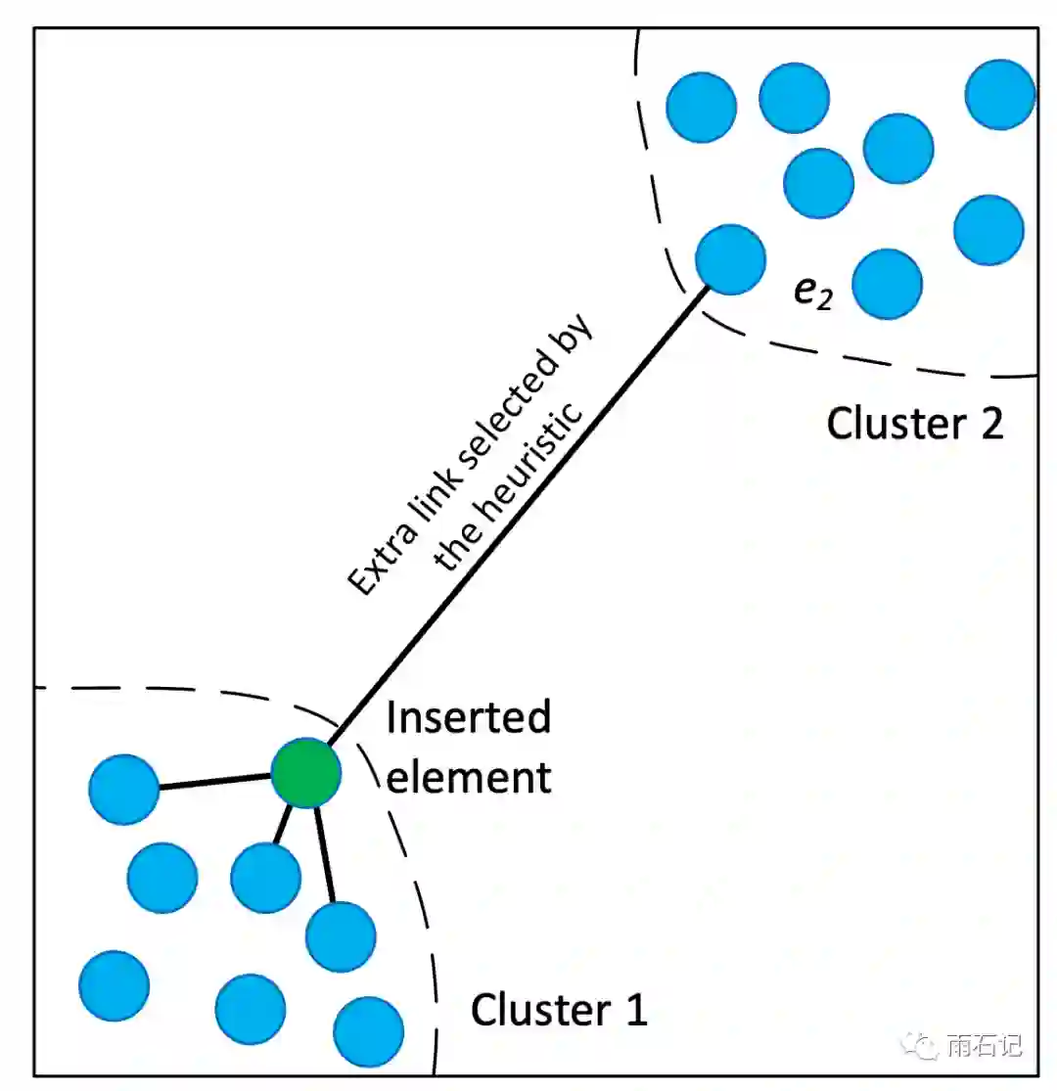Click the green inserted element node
click(x=306, y=773)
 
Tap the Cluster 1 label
click(x=559, y=1009)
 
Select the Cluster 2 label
click(x=915, y=424)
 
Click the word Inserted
click(x=469, y=719)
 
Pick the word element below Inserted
click(x=469, y=778)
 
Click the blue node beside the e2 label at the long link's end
click(x=730, y=259)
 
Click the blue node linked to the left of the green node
click(x=123, y=789)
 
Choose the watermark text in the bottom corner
click(x=985, y=1045)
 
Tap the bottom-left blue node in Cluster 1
click(x=115, y=985)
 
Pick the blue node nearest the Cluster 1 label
click(x=369, y=1031)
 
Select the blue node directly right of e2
click(x=888, y=284)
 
